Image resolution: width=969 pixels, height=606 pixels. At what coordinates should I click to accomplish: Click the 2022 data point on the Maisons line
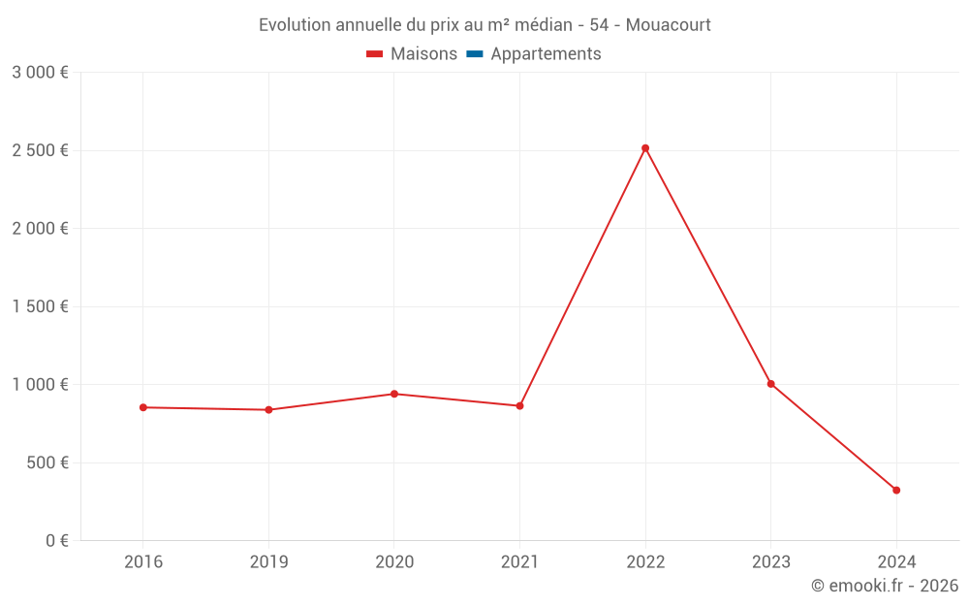[x=645, y=148]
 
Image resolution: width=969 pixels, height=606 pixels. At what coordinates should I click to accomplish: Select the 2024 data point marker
[x=896, y=490]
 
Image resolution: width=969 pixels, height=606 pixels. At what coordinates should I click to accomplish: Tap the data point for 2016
[x=143, y=407]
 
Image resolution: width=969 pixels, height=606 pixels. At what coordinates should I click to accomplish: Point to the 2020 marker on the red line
[x=394, y=394]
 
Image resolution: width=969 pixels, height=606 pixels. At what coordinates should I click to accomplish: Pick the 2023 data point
[x=771, y=384]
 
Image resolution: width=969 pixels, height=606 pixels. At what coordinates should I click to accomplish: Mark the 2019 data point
[x=268, y=409]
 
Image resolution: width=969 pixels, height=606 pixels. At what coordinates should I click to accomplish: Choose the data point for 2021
[x=519, y=405]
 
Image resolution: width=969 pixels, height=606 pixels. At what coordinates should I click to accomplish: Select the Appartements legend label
[x=546, y=54]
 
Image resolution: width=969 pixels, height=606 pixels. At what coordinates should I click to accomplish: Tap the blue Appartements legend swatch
[x=474, y=54]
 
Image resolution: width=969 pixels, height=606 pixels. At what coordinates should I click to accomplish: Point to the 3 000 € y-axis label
[x=40, y=73]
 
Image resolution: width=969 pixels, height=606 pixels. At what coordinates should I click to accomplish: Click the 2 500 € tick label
[x=40, y=150]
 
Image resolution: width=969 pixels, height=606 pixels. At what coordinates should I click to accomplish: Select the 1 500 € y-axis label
[x=40, y=306]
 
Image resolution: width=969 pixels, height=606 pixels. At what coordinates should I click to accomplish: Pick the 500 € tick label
[x=46, y=462]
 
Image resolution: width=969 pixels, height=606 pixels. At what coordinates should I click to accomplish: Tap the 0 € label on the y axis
[x=57, y=540]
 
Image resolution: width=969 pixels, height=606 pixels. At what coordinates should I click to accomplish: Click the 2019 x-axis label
[x=268, y=561]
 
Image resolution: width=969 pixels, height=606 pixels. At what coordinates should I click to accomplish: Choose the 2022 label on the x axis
[x=645, y=561]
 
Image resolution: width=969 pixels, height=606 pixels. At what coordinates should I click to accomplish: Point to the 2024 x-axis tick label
[x=896, y=561]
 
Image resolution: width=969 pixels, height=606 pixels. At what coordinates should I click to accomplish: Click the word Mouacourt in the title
[x=668, y=25]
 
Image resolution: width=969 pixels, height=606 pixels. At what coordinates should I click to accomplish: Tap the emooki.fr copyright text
[x=884, y=586]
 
